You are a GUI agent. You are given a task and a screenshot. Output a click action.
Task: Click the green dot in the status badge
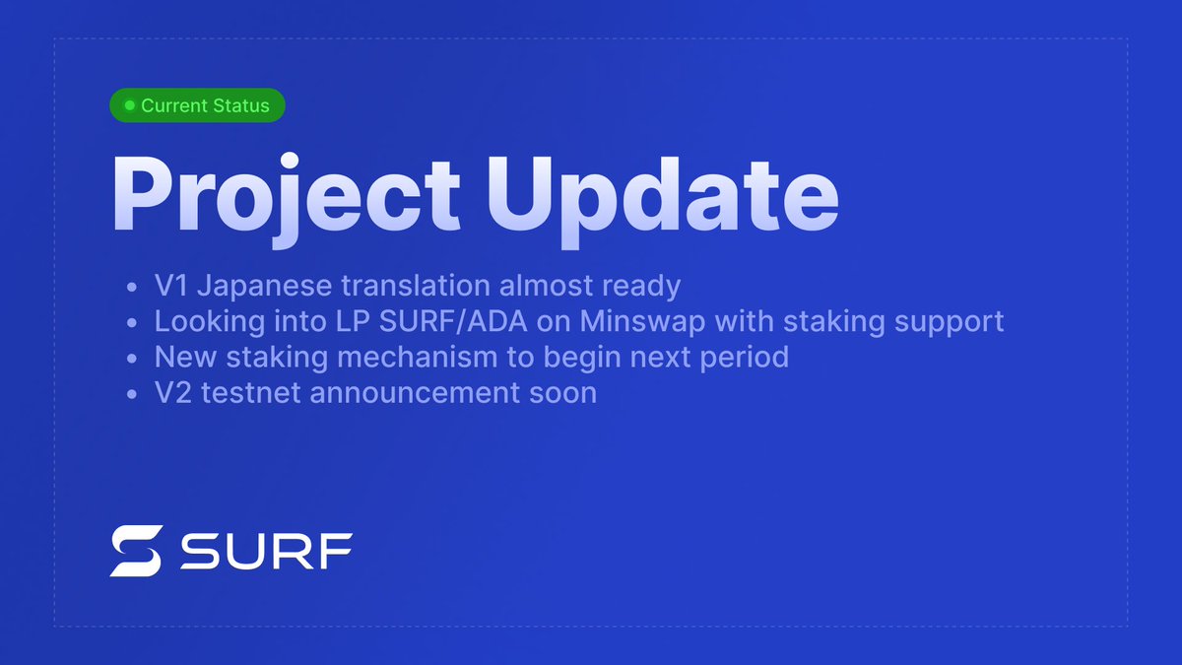pos(129,105)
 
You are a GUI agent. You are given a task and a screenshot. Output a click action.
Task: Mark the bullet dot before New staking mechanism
pos(133,358)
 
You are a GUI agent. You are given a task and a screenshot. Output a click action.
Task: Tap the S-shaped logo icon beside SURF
pos(134,551)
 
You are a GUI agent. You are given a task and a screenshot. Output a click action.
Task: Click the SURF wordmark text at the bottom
pos(266,552)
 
